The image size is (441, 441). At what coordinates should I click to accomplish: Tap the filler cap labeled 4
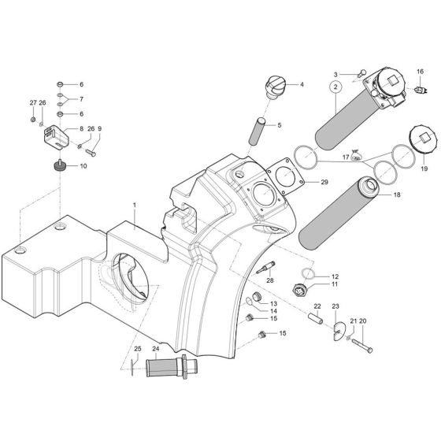point(277,85)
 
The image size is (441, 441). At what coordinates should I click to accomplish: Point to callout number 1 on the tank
point(135,205)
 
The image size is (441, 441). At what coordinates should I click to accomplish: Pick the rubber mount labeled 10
point(61,165)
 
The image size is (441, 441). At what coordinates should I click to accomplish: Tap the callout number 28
point(269,280)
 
